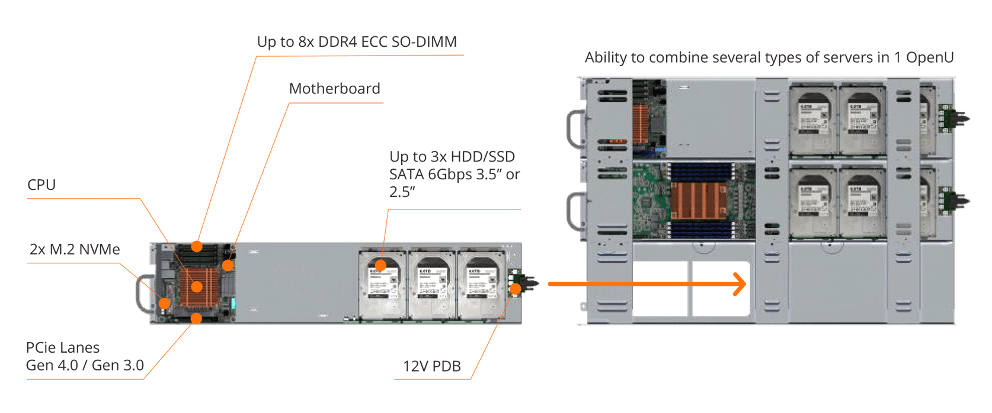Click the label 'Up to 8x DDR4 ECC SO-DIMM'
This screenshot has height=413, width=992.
click(357, 42)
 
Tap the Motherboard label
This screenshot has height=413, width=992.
click(334, 89)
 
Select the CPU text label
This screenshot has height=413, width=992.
click(41, 185)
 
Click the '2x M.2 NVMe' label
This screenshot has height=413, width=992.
click(75, 249)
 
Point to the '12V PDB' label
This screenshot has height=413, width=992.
click(431, 366)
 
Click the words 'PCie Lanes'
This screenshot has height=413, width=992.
click(63, 347)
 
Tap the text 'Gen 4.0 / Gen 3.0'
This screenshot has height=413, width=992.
click(85, 365)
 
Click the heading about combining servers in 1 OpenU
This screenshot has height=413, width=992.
click(769, 57)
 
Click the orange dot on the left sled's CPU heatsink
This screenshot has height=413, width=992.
click(197, 286)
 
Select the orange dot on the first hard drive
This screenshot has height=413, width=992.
click(380, 264)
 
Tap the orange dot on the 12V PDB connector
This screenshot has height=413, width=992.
click(516, 289)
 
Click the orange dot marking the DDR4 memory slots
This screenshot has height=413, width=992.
click(197, 246)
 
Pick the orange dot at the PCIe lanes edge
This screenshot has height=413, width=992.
click(196, 318)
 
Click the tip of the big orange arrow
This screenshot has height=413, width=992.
click(744, 284)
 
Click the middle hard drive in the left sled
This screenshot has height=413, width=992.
click(432, 285)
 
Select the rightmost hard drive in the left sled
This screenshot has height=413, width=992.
click(481, 285)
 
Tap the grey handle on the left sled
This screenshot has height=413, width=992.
click(143, 293)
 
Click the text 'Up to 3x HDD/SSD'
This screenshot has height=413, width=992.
click(452, 157)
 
